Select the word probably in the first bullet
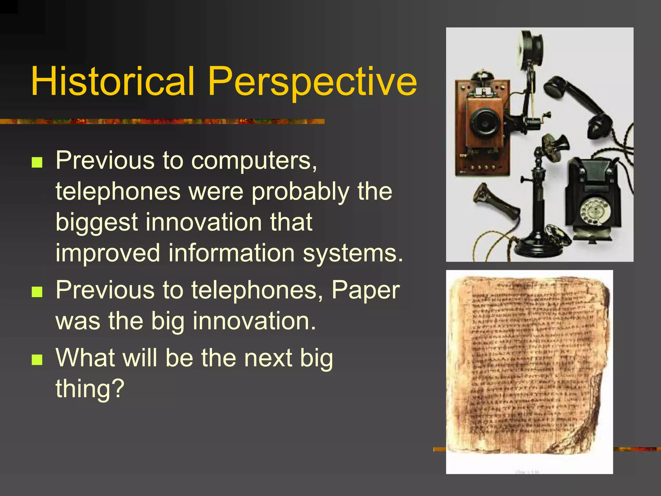(300, 191)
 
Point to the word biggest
(97, 223)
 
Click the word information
(231, 253)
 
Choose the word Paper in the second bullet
(365, 290)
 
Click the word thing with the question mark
(90, 388)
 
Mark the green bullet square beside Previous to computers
(37, 162)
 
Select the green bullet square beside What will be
(37, 360)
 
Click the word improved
(108, 253)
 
